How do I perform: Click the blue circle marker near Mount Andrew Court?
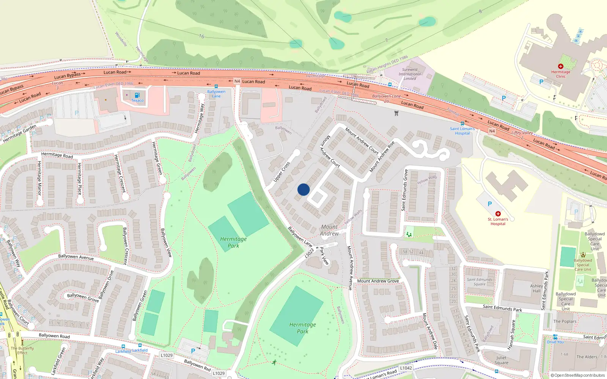pyautogui.click(x=303, y=189)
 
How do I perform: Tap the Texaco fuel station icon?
pyautogui.click(x=137, y=95)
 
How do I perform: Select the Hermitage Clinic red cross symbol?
pyautogui.click(x=561, y=66)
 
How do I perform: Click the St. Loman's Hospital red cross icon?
pyautogui.click(x=498, y=214)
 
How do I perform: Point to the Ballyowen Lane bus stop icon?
pyautogui.click(x=216, y=86)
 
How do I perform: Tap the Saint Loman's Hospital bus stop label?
pyautogui.click(x=462, y=131)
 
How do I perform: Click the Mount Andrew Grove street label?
pyautogui.click(x=378, y=281)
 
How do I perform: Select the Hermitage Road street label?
pyautogui.click(x=57, y=155)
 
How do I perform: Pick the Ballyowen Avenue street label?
pyautogui.click(x=76, y=257)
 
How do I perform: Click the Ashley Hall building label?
pyautogui.click(x=536, y=288)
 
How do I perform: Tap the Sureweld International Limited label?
pyautogui.click(x=410, y=74)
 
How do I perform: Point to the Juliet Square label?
pyautogui.click(x=501, y=360)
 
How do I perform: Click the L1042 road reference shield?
pyautogui.click(x=406, y=368)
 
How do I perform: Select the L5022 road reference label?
pyautogui.click(x=309, y=253)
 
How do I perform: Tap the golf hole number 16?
pyautogui.click(x=201, y=36)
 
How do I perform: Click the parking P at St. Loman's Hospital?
pyautogui.click(x=489, y=204)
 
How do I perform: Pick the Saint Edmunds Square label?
pyautogui.click(x=480, y=282)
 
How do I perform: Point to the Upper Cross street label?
pyautogui.click(x=282, y=172)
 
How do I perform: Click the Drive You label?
pyautogui.click(x=555, y=342)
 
